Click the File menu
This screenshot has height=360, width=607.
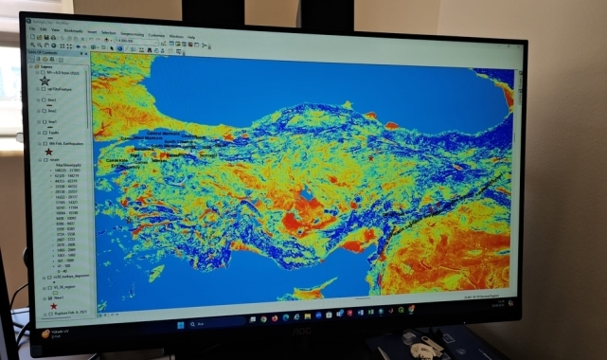(31, 28)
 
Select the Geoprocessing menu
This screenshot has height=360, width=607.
(138, 33)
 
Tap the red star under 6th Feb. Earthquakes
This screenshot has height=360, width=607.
(48, 151)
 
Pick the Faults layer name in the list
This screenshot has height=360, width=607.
(53, 133)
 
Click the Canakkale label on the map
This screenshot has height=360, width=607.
(118, 160)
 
